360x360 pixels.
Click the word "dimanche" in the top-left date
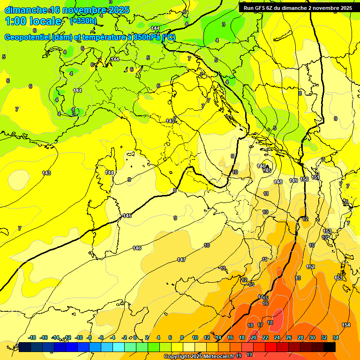coord(26,10)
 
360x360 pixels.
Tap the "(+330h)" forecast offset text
coord(83,21)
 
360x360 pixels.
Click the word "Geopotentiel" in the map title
coord(27,37)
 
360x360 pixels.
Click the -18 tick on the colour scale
coord(32,337)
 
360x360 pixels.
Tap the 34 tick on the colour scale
coord(336,337)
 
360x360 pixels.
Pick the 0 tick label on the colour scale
coord(135,337)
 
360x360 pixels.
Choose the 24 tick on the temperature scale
coord(277,337)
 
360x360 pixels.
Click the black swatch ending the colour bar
coord(329,347)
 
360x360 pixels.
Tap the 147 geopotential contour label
coord(181,260)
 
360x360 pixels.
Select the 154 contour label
coord(346,325)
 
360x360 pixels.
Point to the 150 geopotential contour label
coord(304,180)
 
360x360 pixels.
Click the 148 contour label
coord(278,181)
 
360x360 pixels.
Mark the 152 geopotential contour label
coord(310,267)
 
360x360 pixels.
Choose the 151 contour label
coord(315,177)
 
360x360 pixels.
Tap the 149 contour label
coord(293,180)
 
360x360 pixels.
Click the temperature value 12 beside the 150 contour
coord(305,219)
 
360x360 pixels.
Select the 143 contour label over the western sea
coord(46,173)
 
